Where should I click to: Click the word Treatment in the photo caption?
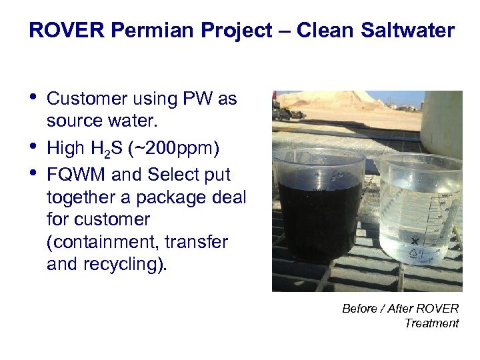(431, 323)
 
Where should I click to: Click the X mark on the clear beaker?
(415, 240)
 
